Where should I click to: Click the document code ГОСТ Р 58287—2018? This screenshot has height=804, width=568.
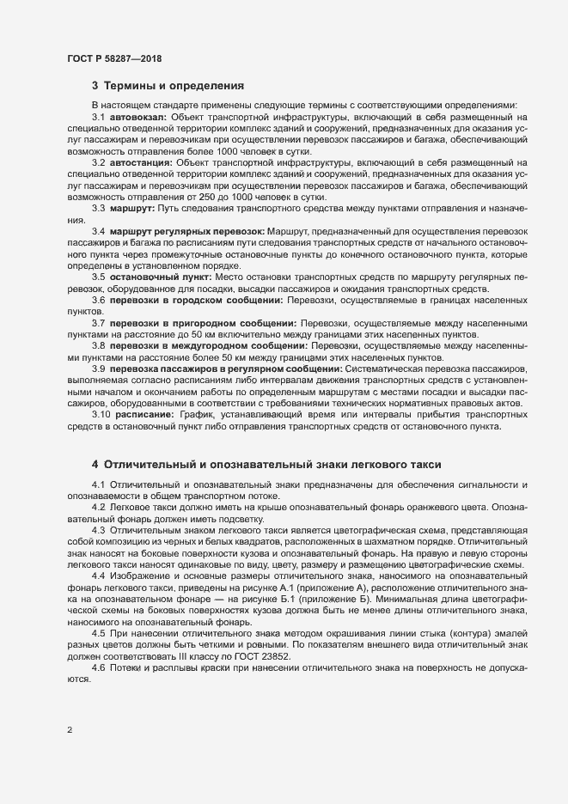click(x=114, y=58)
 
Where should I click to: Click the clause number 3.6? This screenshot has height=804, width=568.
click(x=98, y=300)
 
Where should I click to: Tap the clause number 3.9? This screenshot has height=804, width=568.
click(x=98, y=368)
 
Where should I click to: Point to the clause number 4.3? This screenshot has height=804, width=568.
click(x=98, y=530)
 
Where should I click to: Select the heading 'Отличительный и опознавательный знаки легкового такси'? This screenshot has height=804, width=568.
click(x=272, y=465)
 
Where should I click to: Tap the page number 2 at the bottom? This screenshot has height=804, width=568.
click(x=70, y=731)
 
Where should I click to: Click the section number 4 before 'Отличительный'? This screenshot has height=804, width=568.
click(x=95, y=465)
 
